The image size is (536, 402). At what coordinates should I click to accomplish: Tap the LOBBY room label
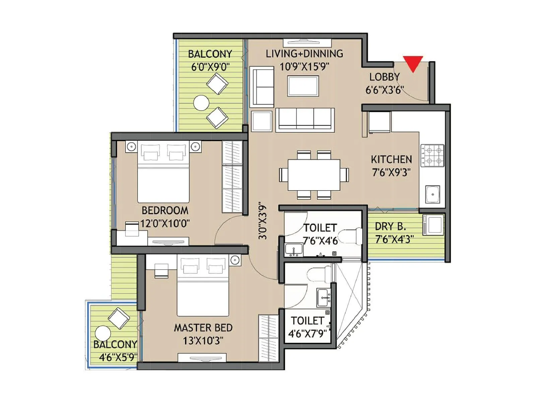[x=384, y=77]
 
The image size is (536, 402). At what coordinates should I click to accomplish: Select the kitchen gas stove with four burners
[x=432, y=155]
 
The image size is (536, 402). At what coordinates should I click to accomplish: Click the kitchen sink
[x=432, y=194]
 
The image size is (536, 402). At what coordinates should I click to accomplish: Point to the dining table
[x=314, y=175]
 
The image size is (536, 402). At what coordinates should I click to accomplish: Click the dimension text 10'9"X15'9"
[x=304, y=67]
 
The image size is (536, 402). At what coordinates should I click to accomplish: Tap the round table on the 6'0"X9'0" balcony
[x=201, y=103]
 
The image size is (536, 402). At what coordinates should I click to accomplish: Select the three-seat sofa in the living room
[x=305, y=119]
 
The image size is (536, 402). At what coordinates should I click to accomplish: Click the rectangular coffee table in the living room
[x=303, y=86]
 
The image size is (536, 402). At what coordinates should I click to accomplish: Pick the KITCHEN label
[x=391, y=159]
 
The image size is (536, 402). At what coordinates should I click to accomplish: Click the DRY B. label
[x=390, y=227]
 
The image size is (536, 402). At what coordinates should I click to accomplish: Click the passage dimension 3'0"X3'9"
[x=263, y=222]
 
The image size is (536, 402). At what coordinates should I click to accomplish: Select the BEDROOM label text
[x=165, y=211]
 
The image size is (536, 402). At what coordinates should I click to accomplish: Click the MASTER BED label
[x=203, y=328]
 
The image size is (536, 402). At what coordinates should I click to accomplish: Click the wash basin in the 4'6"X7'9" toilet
[x=323, y=297]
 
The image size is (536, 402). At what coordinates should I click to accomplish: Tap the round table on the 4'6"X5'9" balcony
[x=103, y=333]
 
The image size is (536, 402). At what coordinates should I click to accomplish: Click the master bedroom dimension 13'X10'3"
[x=203, y=341]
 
